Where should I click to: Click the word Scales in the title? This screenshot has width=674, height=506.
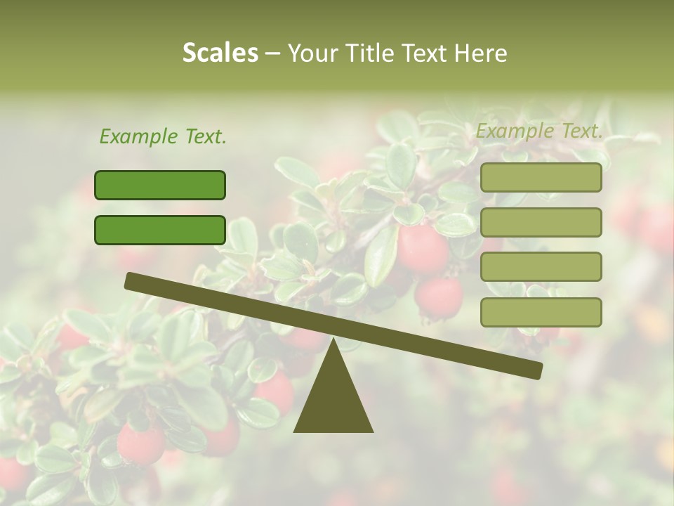(220, 53)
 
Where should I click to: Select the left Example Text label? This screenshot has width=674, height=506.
(163, 137)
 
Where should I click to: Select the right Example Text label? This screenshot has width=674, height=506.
(539, 131)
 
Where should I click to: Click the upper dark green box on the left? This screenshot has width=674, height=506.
(160, 185)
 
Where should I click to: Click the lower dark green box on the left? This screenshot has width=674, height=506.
(160, 230)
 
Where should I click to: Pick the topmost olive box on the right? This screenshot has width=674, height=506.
(541, 178)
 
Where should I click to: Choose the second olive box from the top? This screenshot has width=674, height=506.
(541, 222)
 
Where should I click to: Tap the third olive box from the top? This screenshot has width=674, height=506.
(541, 267)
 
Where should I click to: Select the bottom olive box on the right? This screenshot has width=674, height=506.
(541, 312)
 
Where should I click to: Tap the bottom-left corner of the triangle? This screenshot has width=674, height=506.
(295, 431)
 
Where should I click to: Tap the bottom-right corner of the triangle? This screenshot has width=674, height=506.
(372, 431)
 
